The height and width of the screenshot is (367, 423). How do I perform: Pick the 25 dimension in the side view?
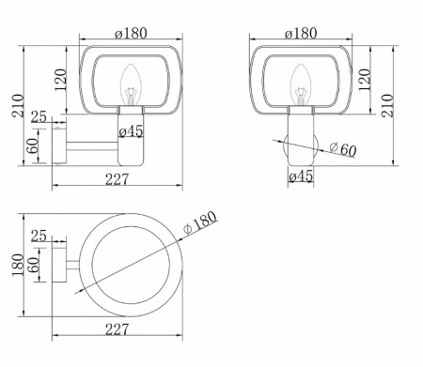pos(39,116)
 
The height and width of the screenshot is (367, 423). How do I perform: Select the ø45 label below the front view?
pos(300,176)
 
